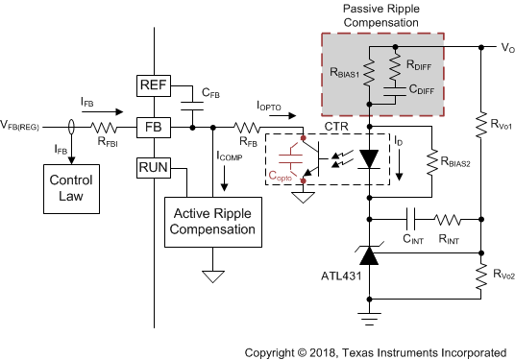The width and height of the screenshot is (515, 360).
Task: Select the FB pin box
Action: (x=155, y=127)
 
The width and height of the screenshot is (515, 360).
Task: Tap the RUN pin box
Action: (x=155, y=169)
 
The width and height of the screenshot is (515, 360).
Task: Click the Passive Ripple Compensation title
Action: (x=382, y=16)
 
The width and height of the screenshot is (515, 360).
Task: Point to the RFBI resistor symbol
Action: (x=103, y=127)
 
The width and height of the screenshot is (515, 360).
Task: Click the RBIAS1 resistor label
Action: (x=343, y=71)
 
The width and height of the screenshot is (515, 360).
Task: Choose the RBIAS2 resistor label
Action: (x=459, y=163)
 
